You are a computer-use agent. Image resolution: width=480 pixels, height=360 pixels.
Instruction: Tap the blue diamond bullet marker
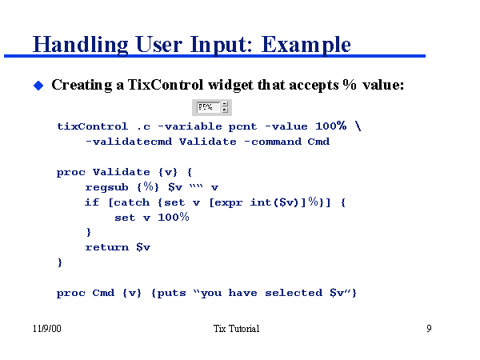coord(37,85)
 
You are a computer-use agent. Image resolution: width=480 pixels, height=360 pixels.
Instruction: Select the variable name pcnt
coord(242,126)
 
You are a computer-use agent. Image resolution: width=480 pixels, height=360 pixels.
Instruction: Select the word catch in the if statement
coord(128,202)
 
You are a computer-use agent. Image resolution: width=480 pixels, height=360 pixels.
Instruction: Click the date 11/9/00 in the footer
coord(46,329)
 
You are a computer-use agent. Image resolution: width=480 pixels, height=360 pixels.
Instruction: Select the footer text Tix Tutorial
coord(237,329)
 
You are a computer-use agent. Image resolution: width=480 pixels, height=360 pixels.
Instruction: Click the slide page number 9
coord(429,329)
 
